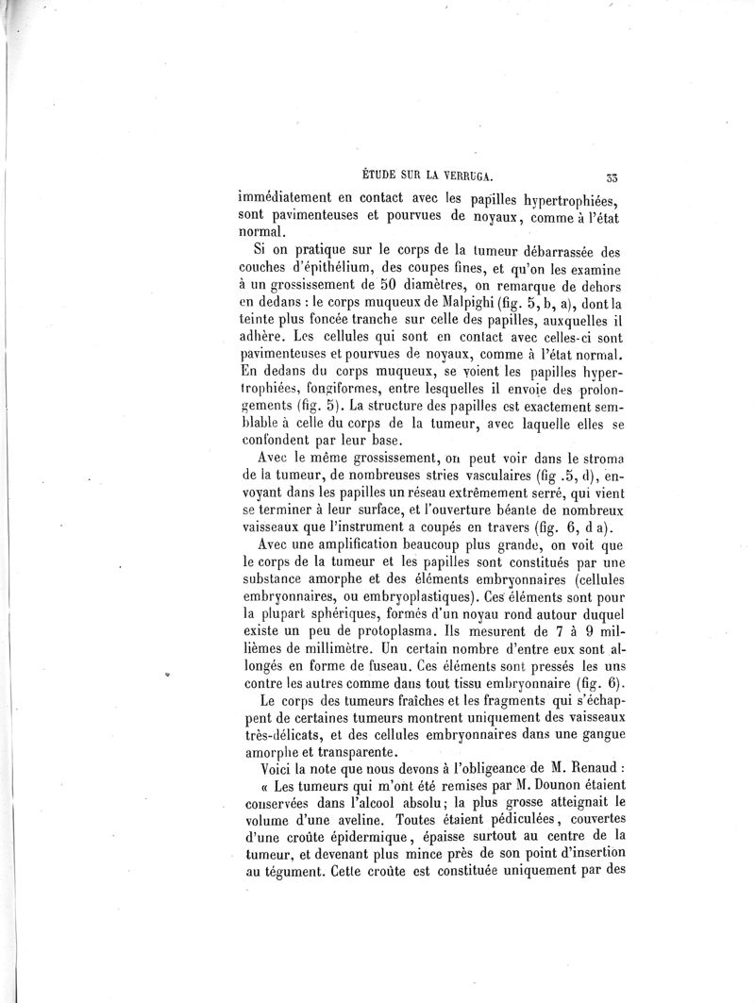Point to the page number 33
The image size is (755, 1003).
click(x=612, y=175)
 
